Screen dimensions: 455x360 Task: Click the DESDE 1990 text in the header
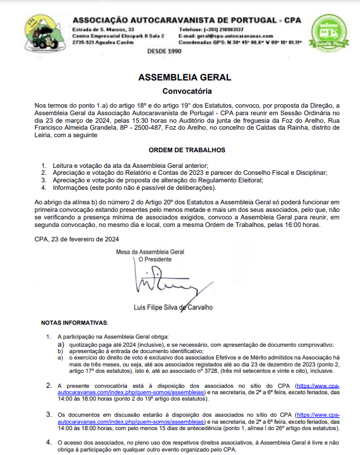[x=164, y=51]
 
